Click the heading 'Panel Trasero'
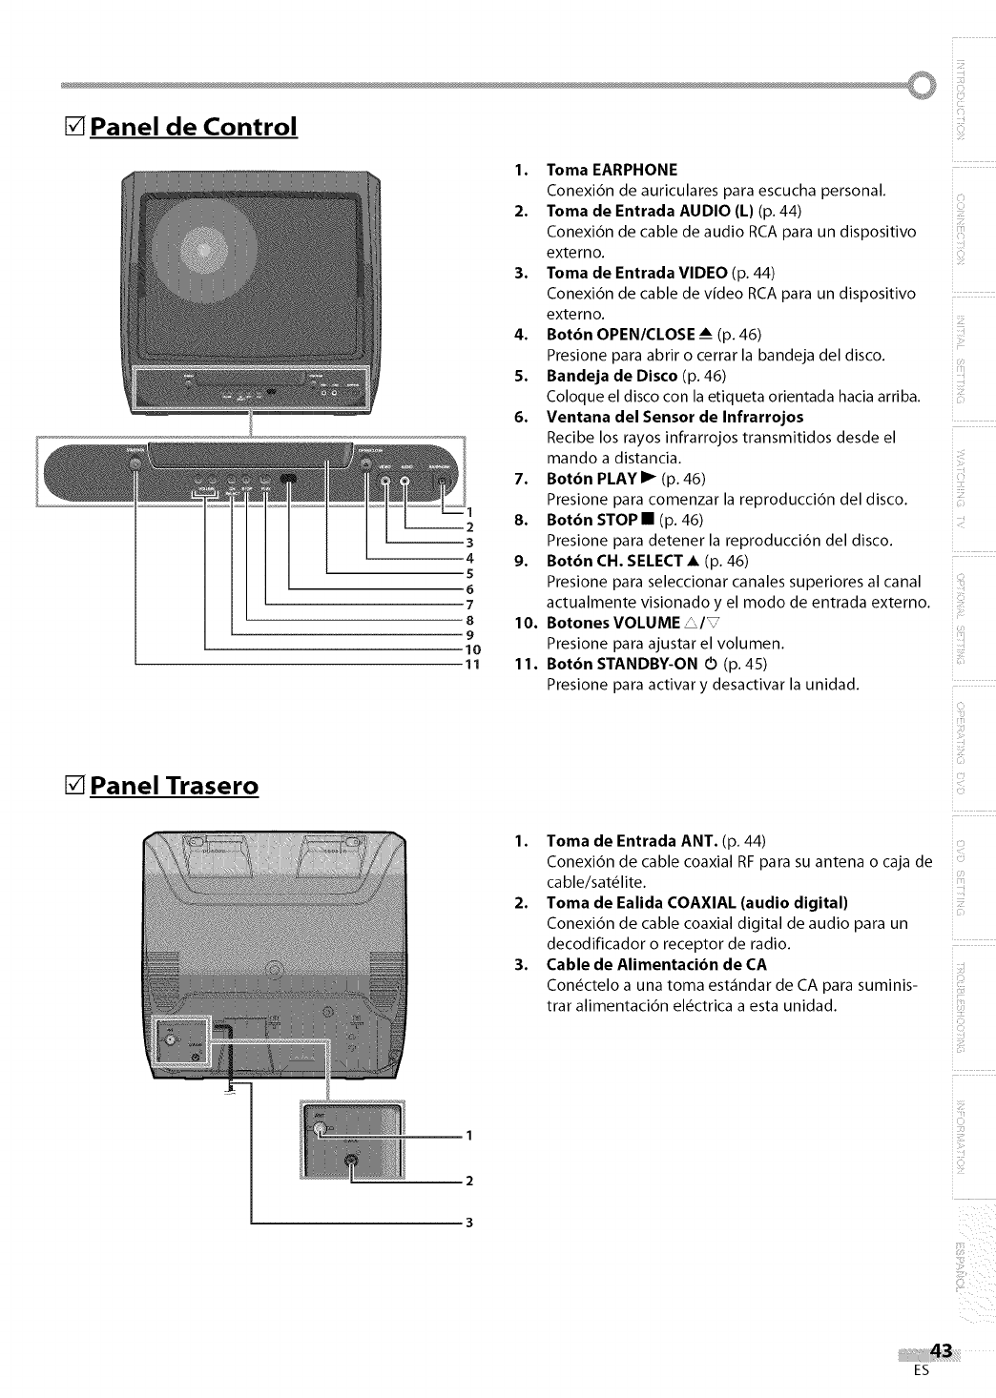point(174,786)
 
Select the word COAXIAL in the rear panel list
point(706,902)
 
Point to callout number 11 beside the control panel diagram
point(468,665)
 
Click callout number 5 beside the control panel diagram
point(468,573)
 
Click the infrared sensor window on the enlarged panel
point(292,482)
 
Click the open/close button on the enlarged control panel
point(367,464)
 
